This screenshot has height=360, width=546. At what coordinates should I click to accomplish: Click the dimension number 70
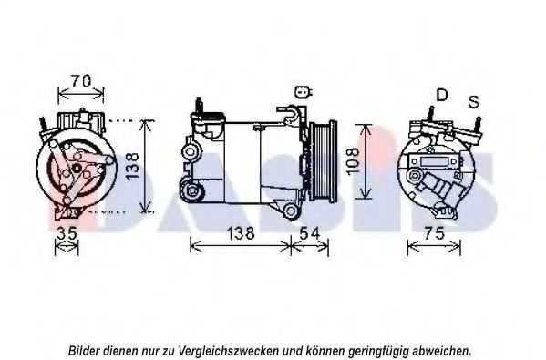81,81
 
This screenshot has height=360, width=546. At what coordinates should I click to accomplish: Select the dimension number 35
67,233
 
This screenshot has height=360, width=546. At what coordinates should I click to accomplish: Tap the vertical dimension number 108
353,161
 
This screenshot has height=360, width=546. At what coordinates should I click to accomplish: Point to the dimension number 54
310,233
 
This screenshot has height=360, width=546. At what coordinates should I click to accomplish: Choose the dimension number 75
434,233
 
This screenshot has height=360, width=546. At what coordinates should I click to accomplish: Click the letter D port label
441,95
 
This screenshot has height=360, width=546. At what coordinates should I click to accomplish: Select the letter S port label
474,102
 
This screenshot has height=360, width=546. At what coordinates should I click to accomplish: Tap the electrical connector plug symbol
303,91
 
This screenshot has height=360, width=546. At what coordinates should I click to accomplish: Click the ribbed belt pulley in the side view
324,160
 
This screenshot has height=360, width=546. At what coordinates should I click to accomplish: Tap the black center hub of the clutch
77,169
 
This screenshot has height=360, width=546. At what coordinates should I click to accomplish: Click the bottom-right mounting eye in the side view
290,211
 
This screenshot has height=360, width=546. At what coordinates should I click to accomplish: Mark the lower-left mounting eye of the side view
191,190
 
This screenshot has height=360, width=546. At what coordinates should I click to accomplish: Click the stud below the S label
479,123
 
